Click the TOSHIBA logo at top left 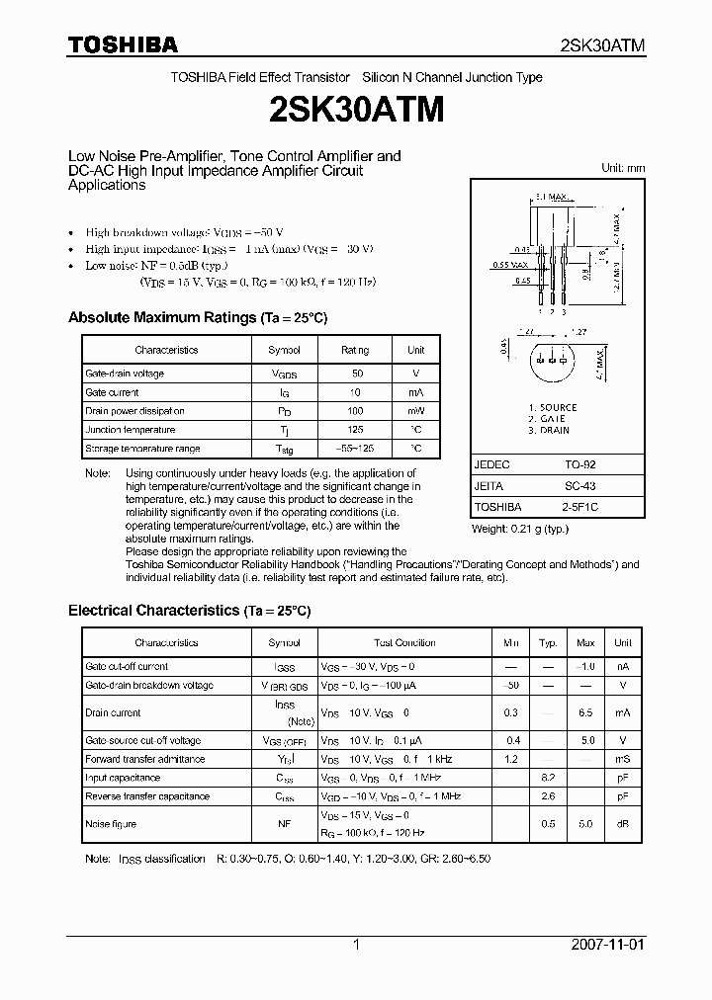pos(123,44)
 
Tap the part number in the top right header pos(602,45)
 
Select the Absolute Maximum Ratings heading pos(197,318)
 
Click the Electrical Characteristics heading pos(189,611)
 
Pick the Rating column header pos(355,350)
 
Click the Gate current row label pos(112,392)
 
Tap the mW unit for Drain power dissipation pos(415,411)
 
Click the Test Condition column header pos(404,642)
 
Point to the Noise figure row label pos(111,824)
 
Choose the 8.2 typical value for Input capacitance pos(548,778)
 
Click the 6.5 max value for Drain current pos(585,712)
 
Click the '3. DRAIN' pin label pos(549,431)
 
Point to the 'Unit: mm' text pos(623,168)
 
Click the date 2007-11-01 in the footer pos(607,945)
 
